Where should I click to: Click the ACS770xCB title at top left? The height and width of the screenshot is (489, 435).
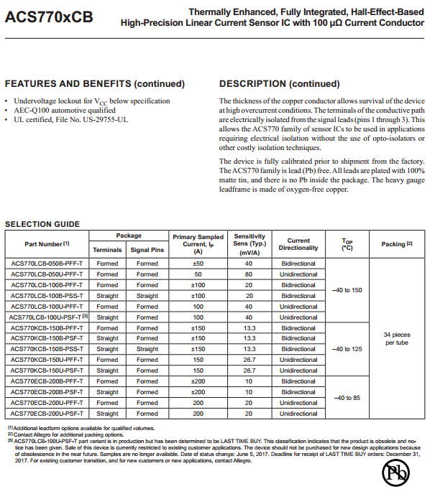coord(49,17)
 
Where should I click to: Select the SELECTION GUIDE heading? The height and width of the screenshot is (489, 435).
coord(42,224)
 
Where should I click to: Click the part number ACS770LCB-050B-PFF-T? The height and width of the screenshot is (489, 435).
coord(47,264)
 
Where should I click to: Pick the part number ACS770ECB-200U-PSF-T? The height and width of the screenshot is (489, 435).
coord(47,414)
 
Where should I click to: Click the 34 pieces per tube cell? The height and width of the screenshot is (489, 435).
coord(396,338)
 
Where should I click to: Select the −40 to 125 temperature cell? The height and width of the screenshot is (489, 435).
coord(347,349)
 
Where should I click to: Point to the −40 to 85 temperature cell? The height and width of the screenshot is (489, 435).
coord(347,397)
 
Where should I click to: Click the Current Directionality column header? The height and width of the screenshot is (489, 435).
coord(298,244)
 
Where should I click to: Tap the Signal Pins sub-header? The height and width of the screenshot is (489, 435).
coord(147,250)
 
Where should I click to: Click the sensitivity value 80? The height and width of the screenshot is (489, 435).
coord(249,274)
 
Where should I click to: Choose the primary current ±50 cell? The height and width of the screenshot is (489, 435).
coord(198,264)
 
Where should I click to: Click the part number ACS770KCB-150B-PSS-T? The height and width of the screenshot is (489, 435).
coord(47,349)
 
